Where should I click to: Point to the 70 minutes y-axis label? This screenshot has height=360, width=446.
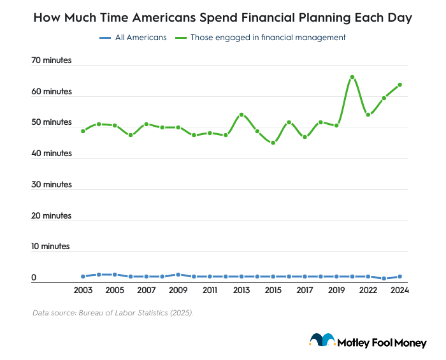tap(52, 61)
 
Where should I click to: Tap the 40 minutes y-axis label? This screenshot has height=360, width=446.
tap(52, 154)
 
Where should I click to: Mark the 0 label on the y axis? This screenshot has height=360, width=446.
tap(34, 278)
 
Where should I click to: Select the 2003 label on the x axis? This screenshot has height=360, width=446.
tap(83, 291)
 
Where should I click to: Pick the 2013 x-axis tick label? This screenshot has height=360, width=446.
tap(241, 291)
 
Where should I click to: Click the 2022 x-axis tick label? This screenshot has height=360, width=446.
tap(368, 291)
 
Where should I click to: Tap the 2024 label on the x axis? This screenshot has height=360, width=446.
tap(399, 291)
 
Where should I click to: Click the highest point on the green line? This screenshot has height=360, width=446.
tap(352, 77)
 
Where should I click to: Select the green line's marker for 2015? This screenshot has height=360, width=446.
tap(273, 143)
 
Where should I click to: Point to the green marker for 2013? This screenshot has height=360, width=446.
tap(241, 115)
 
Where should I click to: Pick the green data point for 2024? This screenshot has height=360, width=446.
tap(400, 85)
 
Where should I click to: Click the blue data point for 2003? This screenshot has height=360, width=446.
tap(83, 277)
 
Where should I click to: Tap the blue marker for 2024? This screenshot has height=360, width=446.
tap(400, 277)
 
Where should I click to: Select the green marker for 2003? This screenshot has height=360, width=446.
tap(83, 131)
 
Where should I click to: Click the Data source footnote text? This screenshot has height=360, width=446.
tap(112, 313)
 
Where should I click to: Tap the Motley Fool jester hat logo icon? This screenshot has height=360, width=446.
tap(322, 340)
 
